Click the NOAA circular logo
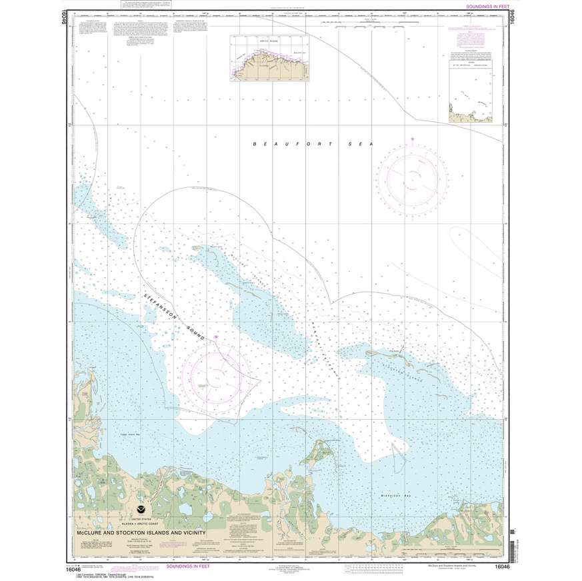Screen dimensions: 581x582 pos(139,514)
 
